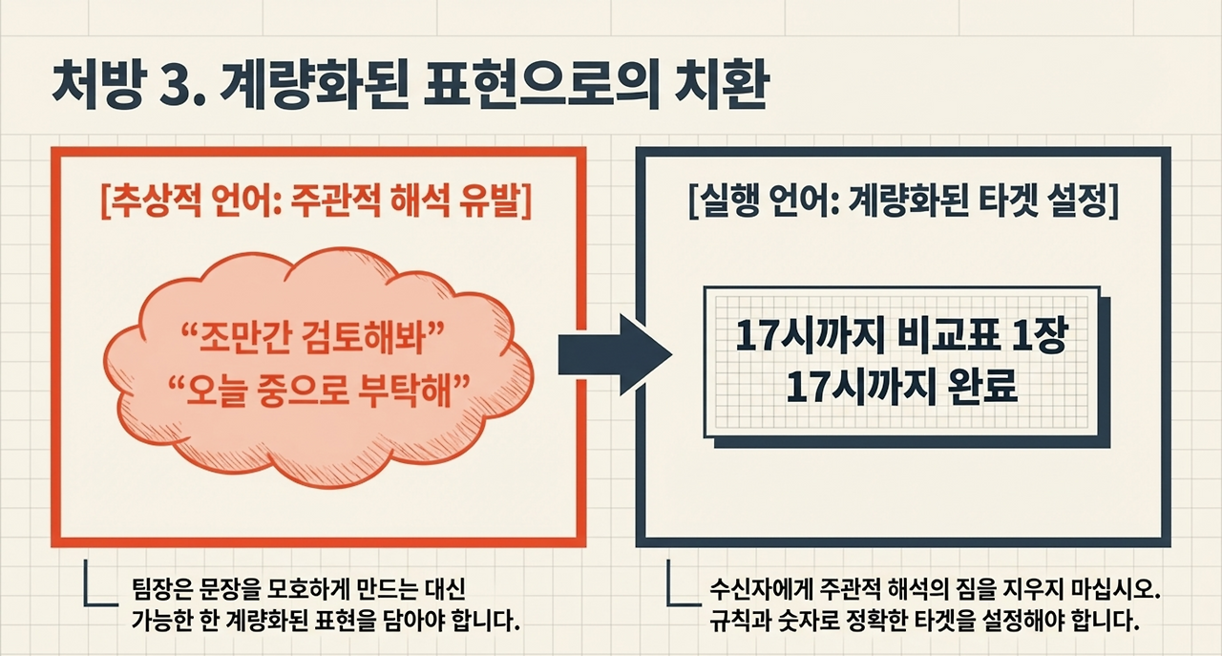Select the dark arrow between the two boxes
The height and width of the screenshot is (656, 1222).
coord(615,354)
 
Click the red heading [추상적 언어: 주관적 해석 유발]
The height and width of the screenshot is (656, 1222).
coord(315,204)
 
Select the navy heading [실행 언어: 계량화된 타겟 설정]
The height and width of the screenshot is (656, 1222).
coord(902,204)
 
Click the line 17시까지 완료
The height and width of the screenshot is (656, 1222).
coord(901,387)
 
